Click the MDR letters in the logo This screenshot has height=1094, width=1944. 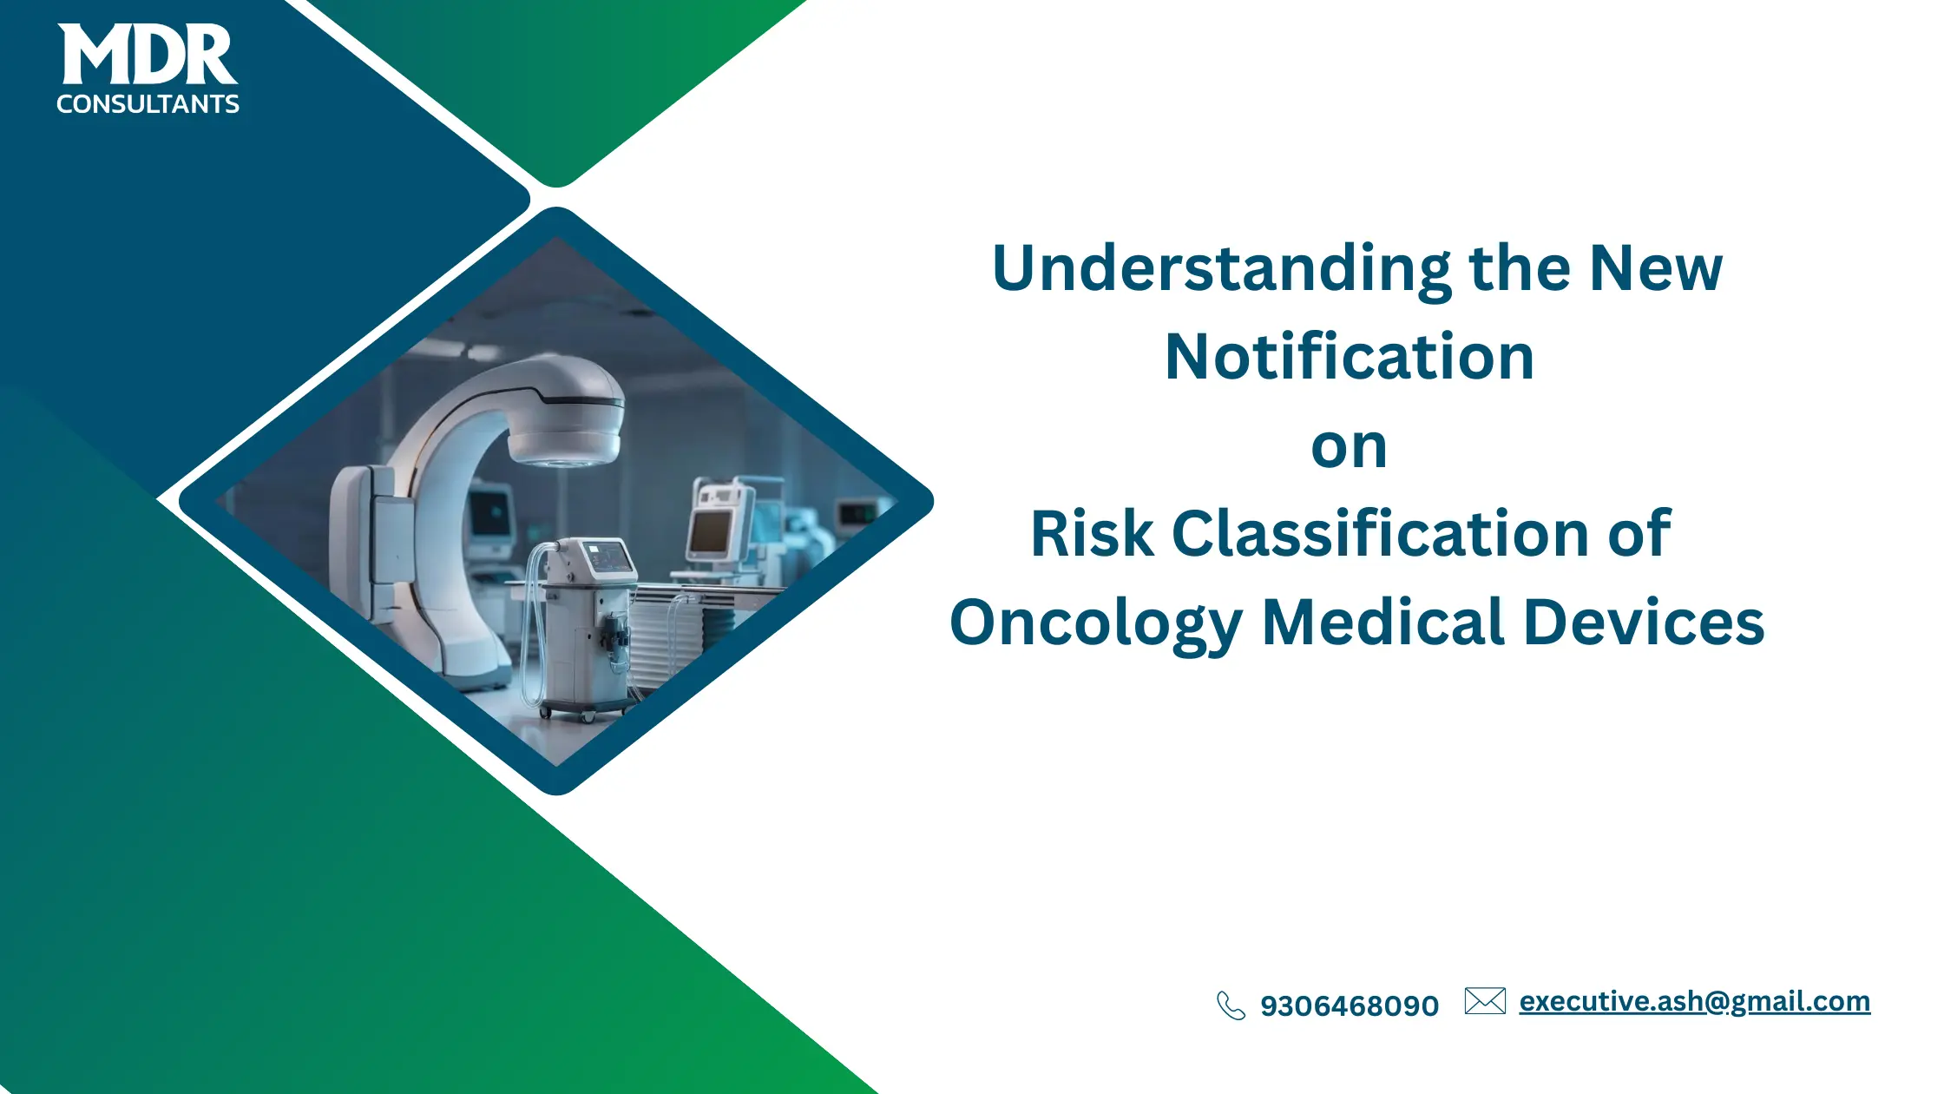[148, 55]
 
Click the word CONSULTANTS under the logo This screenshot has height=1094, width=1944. [148, 104]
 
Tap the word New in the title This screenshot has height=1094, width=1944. [1655, 269]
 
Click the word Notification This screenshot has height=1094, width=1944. [1350, 357]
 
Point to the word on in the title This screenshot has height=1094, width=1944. [1349, 448]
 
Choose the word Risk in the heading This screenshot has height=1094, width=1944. [1091, 534]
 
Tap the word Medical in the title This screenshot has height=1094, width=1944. [1382, 623]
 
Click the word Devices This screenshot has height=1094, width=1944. [1644, 623]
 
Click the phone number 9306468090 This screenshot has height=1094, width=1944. [1350, 1006]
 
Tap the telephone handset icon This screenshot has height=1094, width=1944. [1231, 1005]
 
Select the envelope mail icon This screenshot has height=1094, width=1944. [1485, 1001]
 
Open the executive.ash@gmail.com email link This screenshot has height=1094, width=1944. [1694, 1001]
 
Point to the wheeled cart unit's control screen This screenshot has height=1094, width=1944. [607, 556]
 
